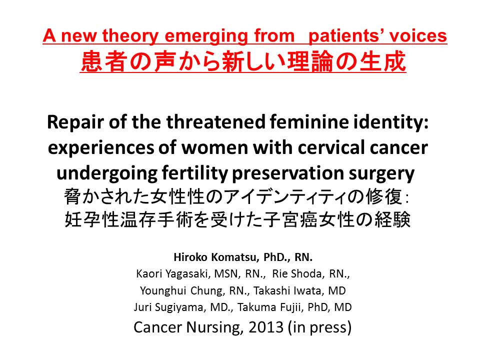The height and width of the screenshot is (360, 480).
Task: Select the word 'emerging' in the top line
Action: click(206, 36)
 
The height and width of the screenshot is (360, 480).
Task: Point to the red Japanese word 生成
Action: click(382, 61)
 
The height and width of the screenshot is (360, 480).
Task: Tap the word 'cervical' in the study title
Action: click(331, 147)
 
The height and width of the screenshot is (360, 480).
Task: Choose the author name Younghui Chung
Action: click(182, 290)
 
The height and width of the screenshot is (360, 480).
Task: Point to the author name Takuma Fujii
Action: click(269, 307)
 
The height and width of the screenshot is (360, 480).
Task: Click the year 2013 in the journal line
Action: click(266, 327)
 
